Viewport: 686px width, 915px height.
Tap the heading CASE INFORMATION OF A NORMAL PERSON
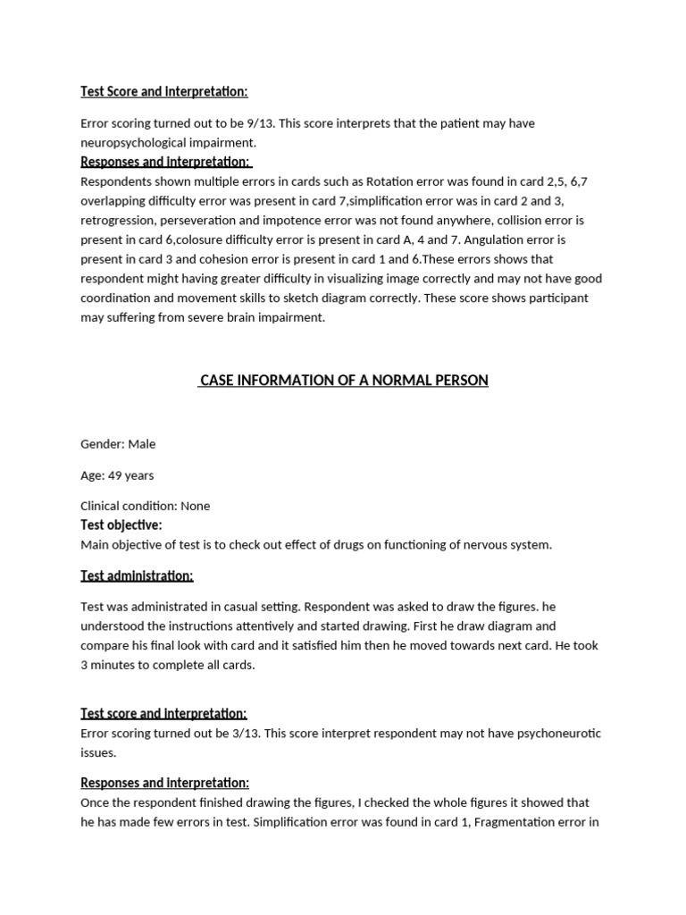coord(344,381)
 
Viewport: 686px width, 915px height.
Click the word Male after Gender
coord(142,444)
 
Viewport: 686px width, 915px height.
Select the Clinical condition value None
coord(196,506)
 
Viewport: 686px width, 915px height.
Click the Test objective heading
coord(121,525)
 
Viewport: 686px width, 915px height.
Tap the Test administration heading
coord(137,575)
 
